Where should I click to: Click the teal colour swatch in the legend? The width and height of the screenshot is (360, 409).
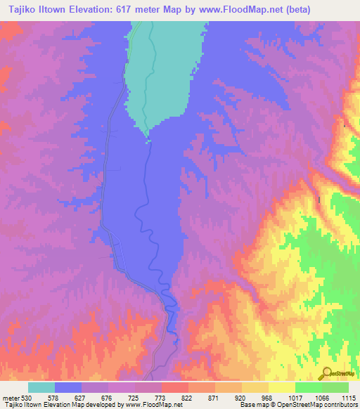click(41, 387)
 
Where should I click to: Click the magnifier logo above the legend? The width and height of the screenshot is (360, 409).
click(329, 374)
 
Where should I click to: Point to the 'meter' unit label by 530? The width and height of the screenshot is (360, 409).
click(11, 397)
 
